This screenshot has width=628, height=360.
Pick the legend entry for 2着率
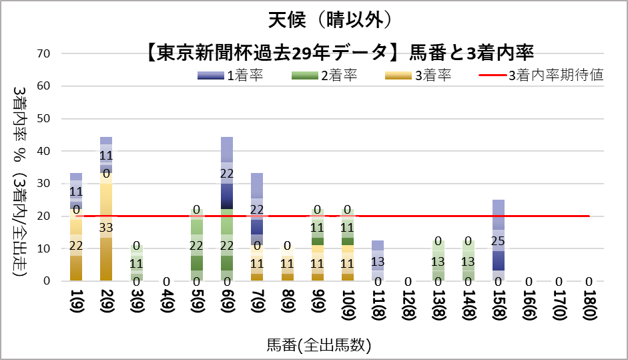pos(324,75)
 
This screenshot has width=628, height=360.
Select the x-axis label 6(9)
pos(227,305)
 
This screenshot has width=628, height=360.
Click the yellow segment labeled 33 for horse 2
pos(105,227)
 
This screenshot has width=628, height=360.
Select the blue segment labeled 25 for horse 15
pos(499,240)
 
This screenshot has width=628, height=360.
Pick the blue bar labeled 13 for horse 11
pos(378,260)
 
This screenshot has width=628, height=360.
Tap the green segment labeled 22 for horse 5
pos(196,245)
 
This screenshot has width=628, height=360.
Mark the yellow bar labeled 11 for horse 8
pos(287,263)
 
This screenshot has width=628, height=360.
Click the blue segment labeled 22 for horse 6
pos(227,172)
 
